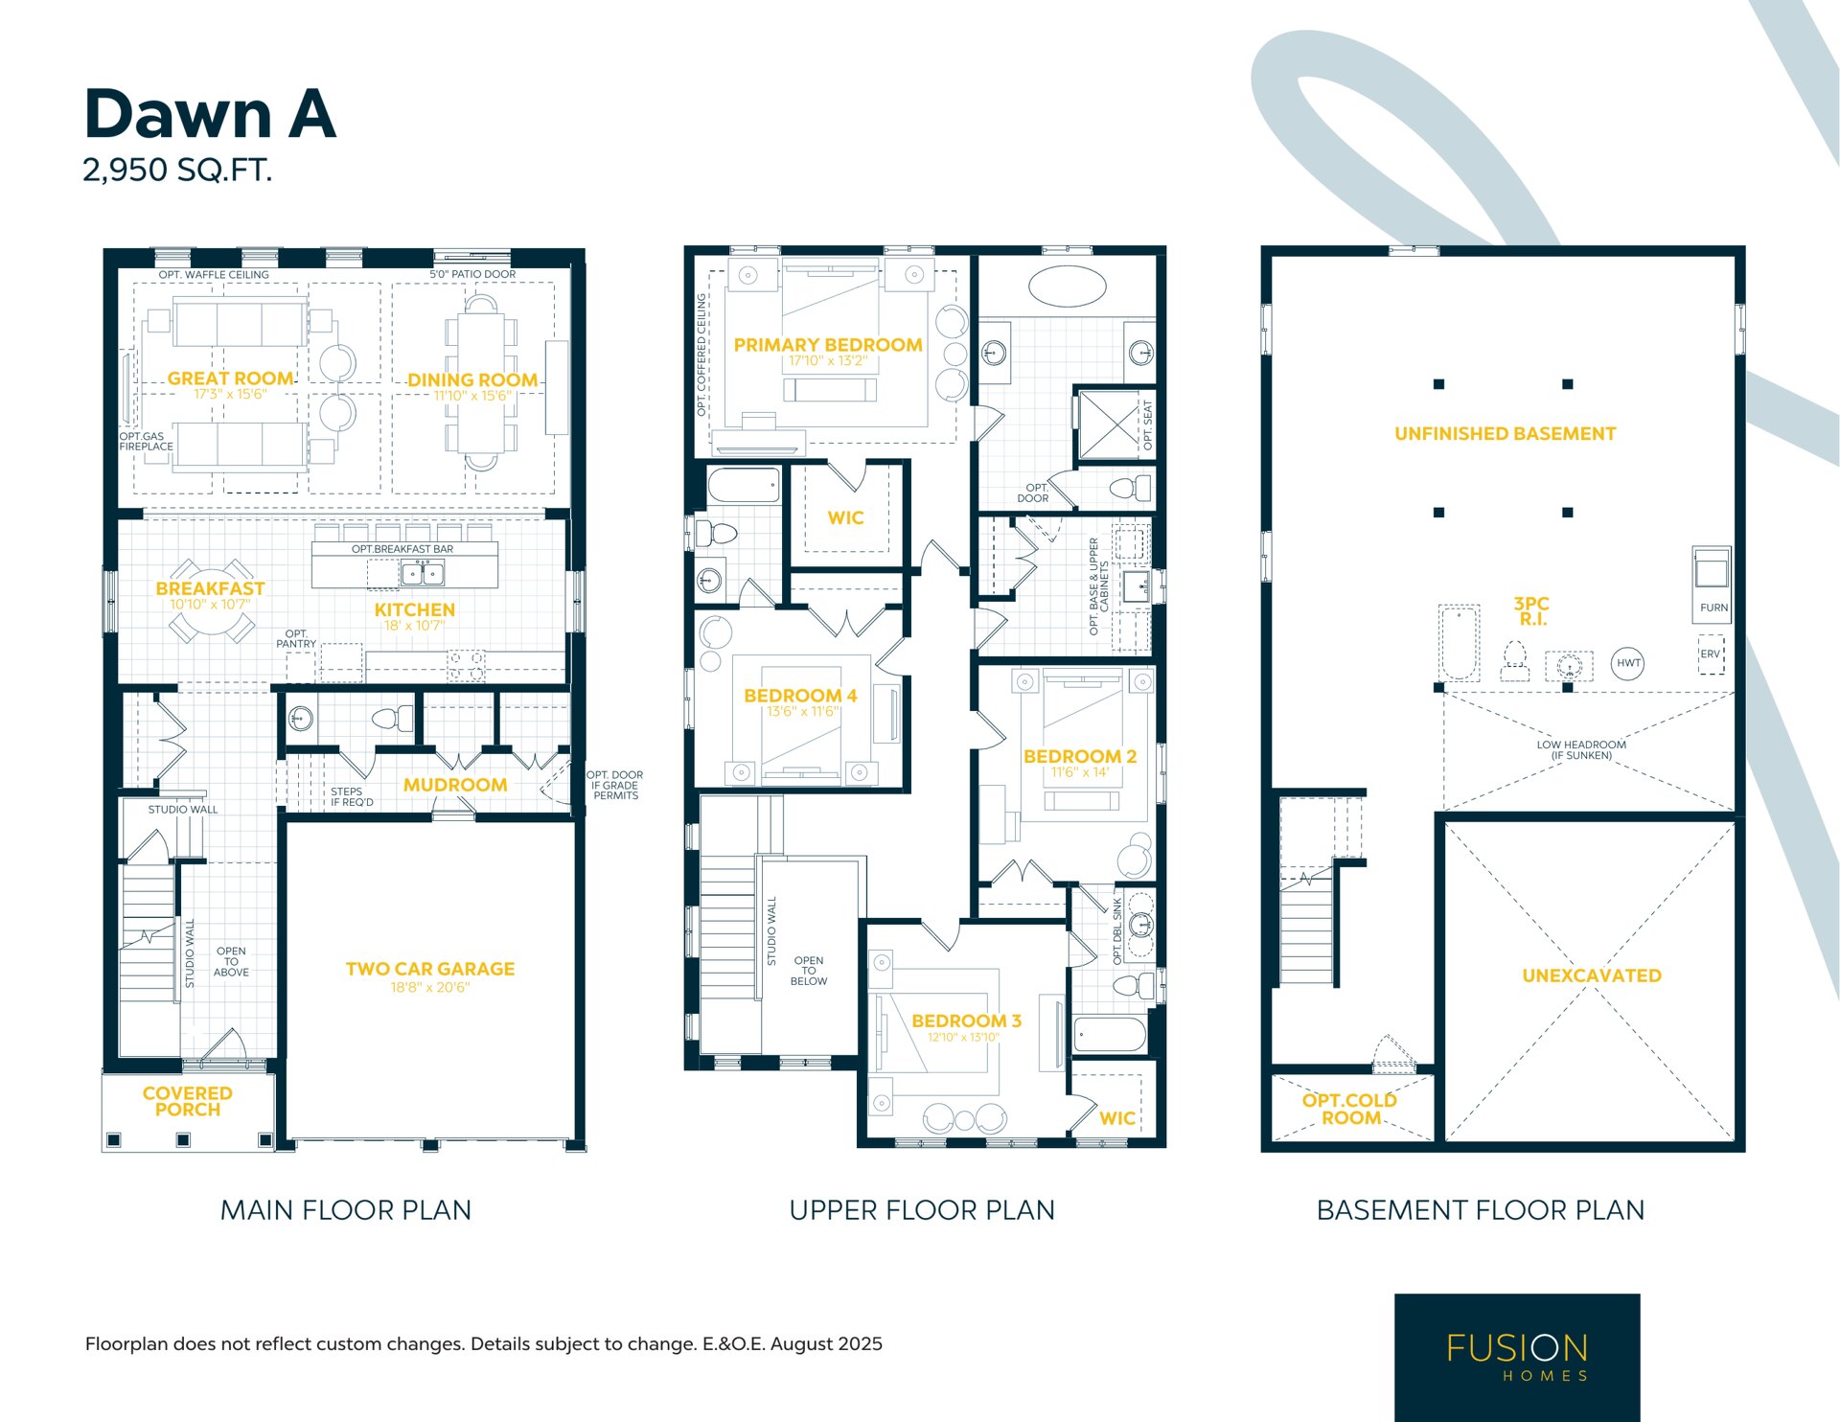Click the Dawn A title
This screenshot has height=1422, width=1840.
coord(210,114)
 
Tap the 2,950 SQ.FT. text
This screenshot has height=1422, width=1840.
coord(177,171)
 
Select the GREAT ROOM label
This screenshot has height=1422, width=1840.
coord(230,378)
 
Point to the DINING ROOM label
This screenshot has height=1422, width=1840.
coord(472,380)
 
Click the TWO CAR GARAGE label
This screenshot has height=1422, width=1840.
coord(430,969)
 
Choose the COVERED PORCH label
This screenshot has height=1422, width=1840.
coord(188,1101)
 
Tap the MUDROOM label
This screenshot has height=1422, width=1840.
coord(455,785)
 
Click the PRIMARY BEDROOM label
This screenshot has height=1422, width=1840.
coord(828,345)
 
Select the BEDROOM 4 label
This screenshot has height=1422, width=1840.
coord(800,696)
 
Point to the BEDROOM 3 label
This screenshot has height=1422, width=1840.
coord(966,1021)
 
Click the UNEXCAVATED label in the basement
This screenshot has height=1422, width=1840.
coord(1592,975)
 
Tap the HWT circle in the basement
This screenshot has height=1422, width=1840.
coord(1628,663)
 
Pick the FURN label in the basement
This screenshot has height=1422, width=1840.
coord(1713,608)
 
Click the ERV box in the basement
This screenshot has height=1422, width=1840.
coord(1711,654)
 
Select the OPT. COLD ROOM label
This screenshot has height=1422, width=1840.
coord(1350,1109)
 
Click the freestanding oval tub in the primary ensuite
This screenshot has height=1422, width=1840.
coord(1067,286)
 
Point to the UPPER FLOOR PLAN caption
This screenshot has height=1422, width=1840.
coord(922,1210)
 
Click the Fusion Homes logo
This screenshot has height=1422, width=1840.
coord(1517,1357)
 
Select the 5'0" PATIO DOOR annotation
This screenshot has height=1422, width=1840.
coord(472,274)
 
